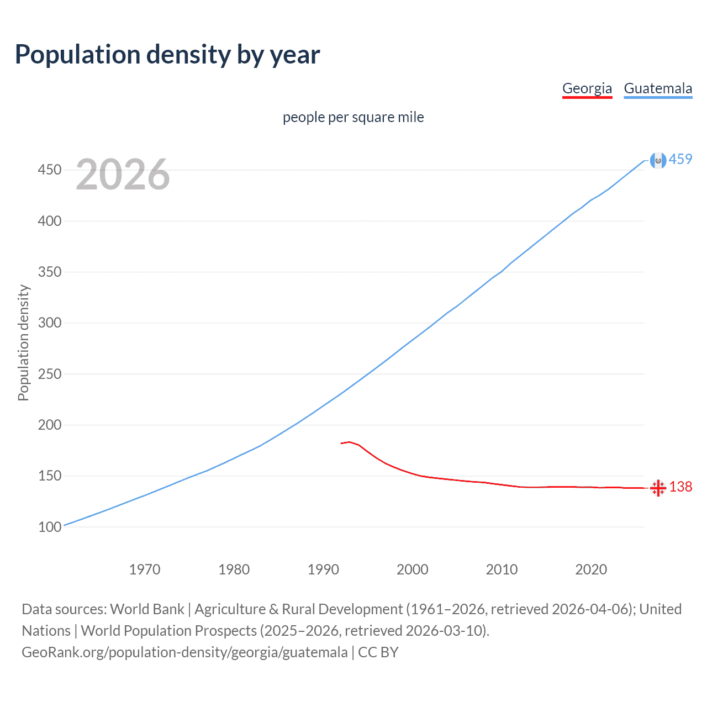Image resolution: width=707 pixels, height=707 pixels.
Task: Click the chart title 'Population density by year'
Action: tap(167, 55)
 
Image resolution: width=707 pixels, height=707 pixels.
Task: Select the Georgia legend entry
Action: tap(587, 88)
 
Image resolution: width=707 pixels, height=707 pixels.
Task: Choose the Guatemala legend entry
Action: tap(657, 88)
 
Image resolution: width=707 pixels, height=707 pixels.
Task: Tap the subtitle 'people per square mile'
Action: tap(353, 118)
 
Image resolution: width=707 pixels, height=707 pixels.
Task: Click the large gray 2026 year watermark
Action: tap(123, 175)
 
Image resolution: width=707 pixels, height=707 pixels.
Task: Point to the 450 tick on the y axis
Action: tap(49, 170)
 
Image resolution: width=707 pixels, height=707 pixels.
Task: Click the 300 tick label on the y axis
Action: tap(49, 323)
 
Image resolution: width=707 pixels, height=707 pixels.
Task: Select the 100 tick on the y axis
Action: tap(49, 527)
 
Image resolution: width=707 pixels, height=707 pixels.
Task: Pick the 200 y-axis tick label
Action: tap(49, 425)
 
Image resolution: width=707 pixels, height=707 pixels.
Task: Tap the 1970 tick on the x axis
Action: tap(145, 569)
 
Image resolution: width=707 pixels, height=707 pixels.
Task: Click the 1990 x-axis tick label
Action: tap(323, 569)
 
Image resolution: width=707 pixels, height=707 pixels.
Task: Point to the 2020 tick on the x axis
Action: tap(591, 569)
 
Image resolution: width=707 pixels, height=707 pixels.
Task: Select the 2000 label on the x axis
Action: tap(413, 569)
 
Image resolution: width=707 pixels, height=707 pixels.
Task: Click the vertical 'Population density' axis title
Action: tap(23, 342)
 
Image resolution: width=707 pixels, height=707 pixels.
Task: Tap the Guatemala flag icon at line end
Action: tap(658, 160)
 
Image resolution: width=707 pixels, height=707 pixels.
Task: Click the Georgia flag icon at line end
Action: tap(658, 488)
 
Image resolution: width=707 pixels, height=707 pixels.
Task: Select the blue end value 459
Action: tap(680, 160)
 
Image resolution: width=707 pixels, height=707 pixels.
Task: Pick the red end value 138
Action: tap(680, 487)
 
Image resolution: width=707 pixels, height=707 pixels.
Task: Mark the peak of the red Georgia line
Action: tap(349, 442)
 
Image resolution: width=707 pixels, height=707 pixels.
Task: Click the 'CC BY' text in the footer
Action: tap(378, 652)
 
